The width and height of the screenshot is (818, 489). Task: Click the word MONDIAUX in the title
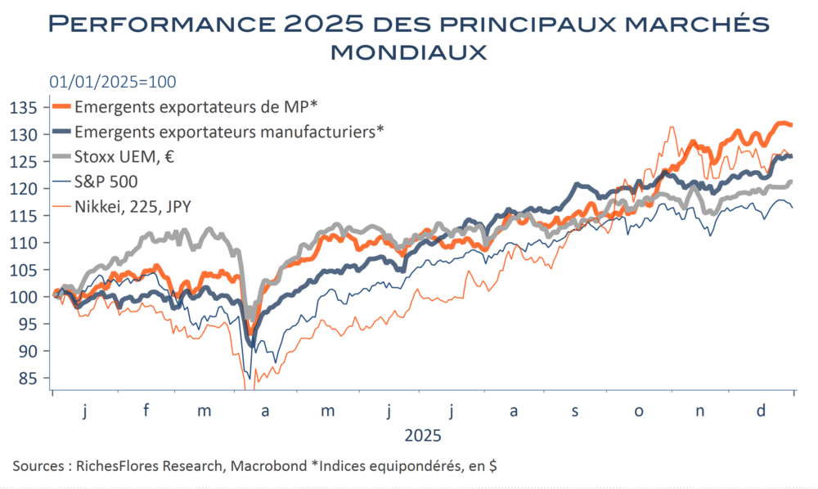pyautogui.click(x=408, y=52)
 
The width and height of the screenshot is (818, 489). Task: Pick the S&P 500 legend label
pyautogui.click(x=106, y=182)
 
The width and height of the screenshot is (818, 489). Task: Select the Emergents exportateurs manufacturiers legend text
pyautogui.click(x=229, y=131)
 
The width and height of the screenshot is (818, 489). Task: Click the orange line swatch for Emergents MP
pyautogui.click(x=61, y=105)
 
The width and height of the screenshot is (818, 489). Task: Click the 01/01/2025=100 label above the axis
pyautogui.click(x=102, y=82)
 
